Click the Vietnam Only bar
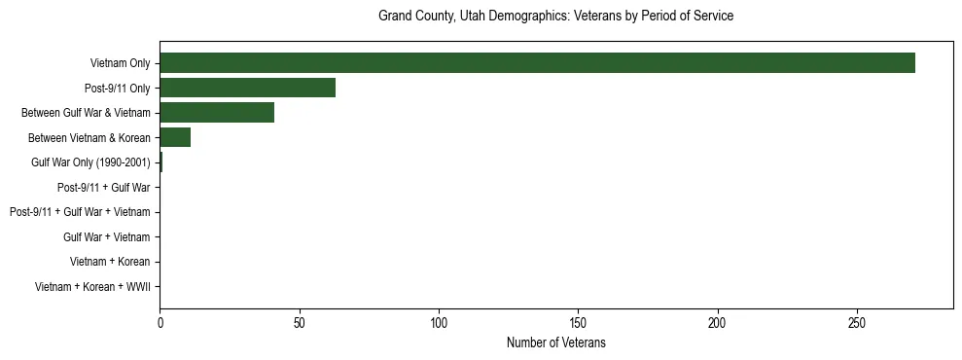pos(537,63)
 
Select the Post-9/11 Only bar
pos(247,89)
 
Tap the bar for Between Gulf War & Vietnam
pos(217,113)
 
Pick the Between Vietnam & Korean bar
pos(175,137)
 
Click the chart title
pos(555,17)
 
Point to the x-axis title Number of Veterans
pos(555,343)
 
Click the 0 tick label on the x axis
pos(160,322)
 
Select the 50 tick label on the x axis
pos(300,322)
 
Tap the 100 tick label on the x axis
pos(439,322)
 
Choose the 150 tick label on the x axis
pos(579,322)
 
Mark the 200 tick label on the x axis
pos(718,322)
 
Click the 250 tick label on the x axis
pos(857,322)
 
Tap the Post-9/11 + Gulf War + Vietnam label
pos(80,212)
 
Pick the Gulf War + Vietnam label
pos(106,236)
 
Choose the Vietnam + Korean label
pos(110,262)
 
